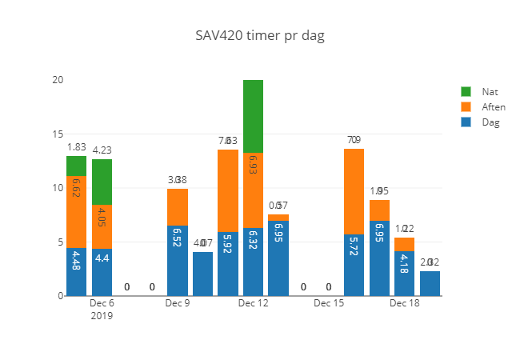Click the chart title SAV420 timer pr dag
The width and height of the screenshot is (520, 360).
coord(261,36)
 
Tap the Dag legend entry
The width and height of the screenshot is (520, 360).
coord(490,122)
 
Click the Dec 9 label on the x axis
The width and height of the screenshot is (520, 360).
coord(178,304)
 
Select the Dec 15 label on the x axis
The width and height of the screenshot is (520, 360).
coord(329,304)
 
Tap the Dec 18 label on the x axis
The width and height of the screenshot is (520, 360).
coord(405,304)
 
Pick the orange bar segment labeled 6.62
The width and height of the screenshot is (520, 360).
coord(77,211)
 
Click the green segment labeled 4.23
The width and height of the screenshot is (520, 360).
coord(102,182)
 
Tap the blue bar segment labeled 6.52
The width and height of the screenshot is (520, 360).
coord(178,261)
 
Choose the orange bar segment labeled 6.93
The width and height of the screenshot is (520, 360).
coord(254,190)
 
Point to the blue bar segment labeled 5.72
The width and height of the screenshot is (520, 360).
coord(354,265)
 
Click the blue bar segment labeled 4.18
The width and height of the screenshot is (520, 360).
coord(405,273)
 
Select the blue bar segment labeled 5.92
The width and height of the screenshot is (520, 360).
coord(228,264)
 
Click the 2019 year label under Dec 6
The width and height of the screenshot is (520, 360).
coord(102,316)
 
